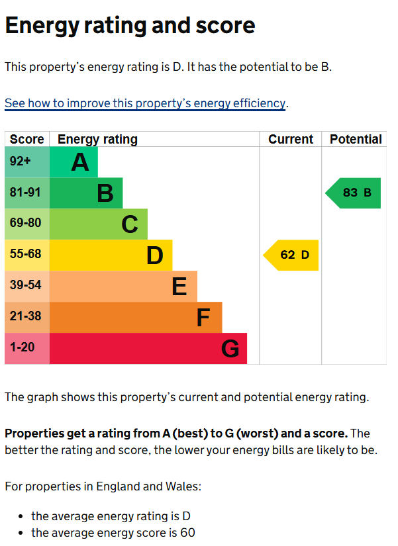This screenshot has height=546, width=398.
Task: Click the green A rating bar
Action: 74,162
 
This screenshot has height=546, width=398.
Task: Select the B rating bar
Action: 86,193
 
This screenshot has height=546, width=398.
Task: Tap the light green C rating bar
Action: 99,224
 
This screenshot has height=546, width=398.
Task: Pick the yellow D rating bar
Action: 111,255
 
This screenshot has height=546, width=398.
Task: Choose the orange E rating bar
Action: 123,287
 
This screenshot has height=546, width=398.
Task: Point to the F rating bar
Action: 136,318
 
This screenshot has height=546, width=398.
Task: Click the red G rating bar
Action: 148,349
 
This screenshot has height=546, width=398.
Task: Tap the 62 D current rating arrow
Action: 292,255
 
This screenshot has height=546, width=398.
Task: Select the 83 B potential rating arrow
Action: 354,193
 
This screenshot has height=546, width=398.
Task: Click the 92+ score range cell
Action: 27,162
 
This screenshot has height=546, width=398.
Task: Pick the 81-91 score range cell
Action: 27,193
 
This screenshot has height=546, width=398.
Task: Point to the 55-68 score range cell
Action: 27,255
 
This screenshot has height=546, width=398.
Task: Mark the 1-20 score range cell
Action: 27,349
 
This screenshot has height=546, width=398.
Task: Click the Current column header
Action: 291,140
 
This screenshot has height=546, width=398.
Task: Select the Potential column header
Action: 356,140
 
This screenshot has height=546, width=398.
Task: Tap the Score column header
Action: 27,140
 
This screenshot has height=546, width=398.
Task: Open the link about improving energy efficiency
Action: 145,104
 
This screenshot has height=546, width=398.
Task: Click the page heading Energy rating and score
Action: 130,26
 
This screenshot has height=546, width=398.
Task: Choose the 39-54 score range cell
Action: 27,287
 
